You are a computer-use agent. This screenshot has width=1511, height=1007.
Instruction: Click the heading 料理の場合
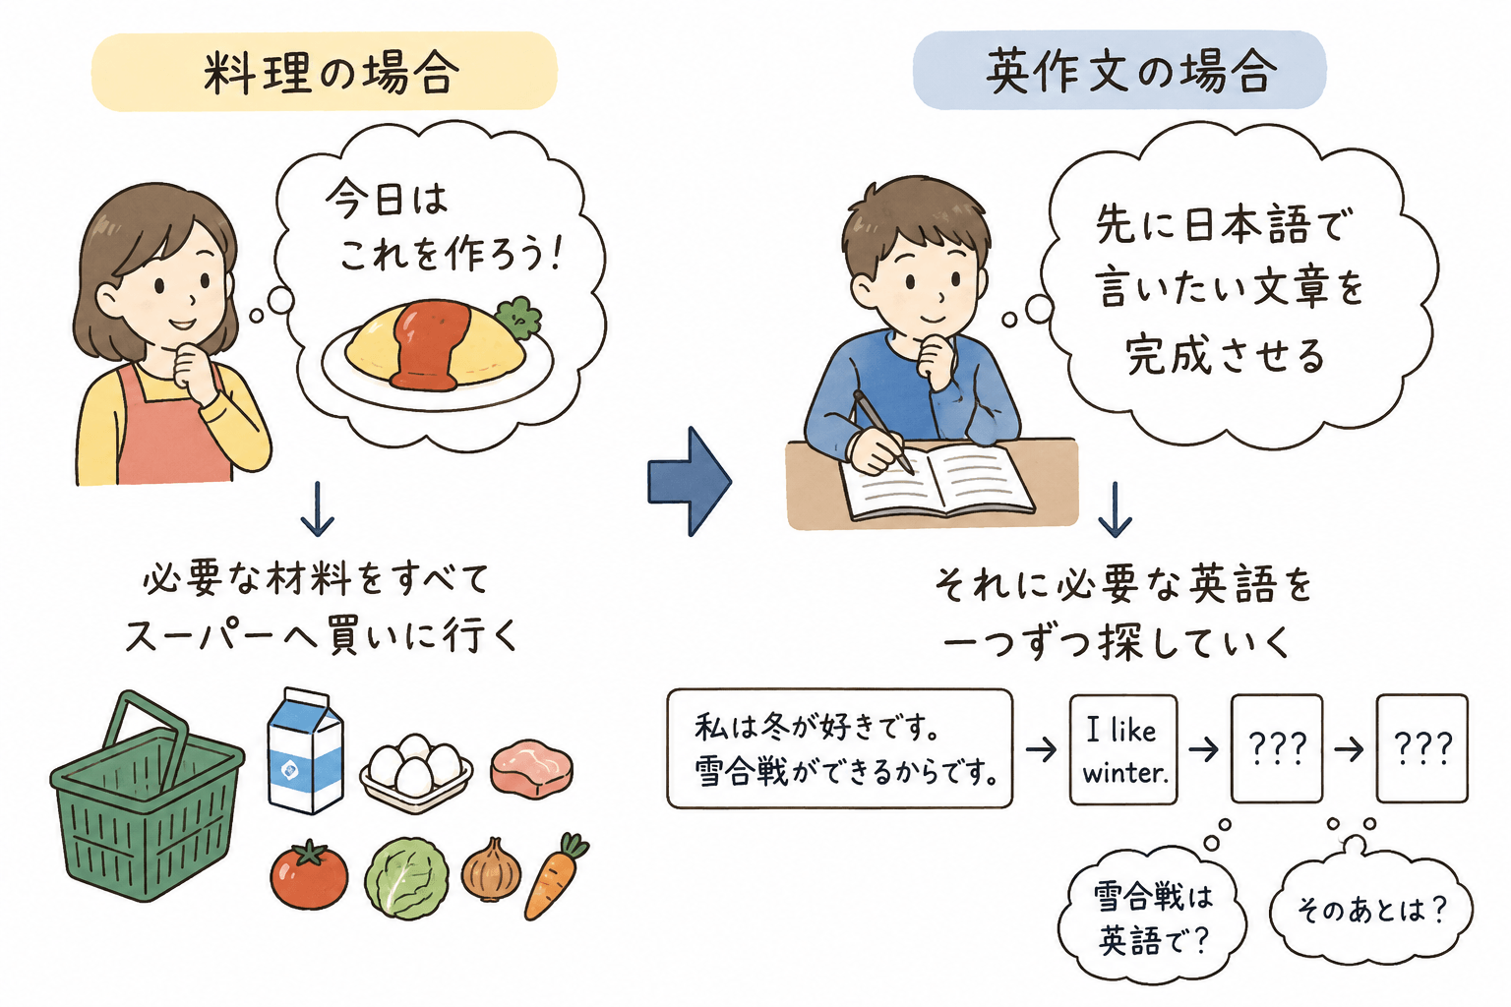coord(331,73)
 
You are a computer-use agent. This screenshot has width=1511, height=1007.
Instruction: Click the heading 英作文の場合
coord(1131,72)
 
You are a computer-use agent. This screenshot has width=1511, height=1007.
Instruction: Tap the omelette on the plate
coord(435,345)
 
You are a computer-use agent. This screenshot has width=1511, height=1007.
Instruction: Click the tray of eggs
coord(416,772)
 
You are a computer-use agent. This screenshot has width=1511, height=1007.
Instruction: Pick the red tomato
coord(309,874)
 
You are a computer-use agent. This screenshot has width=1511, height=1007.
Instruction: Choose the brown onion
coord(491,870)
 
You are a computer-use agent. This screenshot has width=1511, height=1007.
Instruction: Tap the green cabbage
coord(406,878)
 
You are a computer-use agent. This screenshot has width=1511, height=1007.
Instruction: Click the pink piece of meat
coord(531,769)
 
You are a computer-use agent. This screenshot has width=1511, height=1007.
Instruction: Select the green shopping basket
coord(147,796)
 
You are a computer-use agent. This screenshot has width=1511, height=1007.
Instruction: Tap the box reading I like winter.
coord(1123,749)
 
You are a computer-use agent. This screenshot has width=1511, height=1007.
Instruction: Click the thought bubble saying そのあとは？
coord(1370,906)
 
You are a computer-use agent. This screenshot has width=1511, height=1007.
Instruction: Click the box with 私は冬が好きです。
coord(840,748)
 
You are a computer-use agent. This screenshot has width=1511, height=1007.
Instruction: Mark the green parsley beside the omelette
coord(518,316)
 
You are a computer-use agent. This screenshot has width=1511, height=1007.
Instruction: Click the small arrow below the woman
coord(318,509)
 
